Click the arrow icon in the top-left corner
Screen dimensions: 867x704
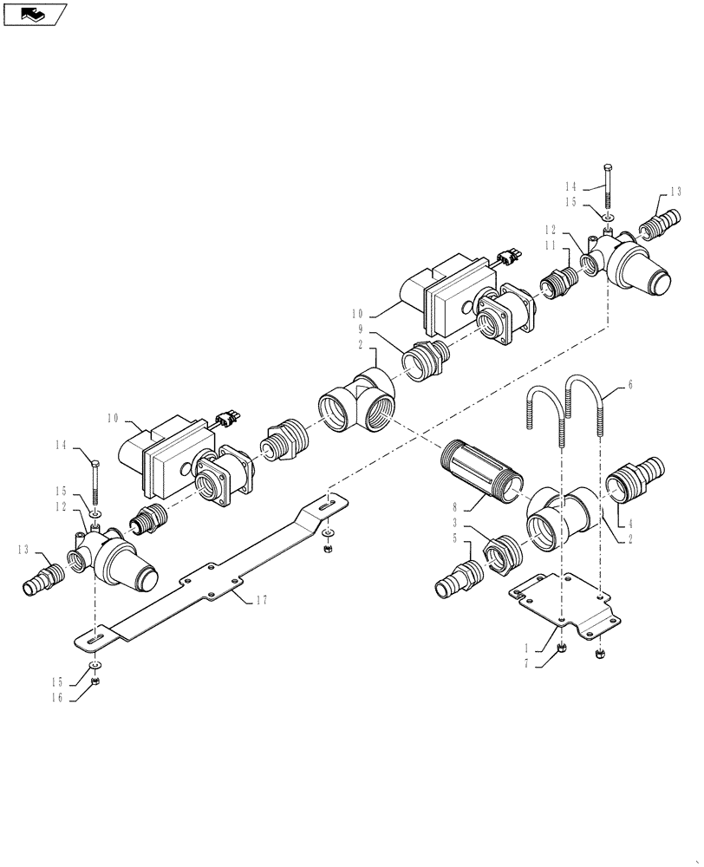[35, 13]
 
